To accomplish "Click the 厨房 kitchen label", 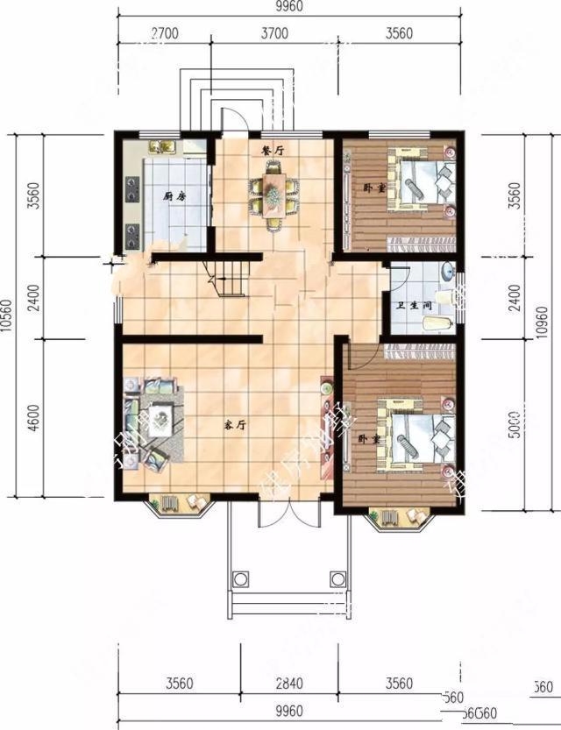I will point(174,197).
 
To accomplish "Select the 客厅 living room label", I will point(232,425).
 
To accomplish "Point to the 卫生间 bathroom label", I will point(412,306).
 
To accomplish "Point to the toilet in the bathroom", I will point(436,324).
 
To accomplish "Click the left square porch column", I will point(238,578).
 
